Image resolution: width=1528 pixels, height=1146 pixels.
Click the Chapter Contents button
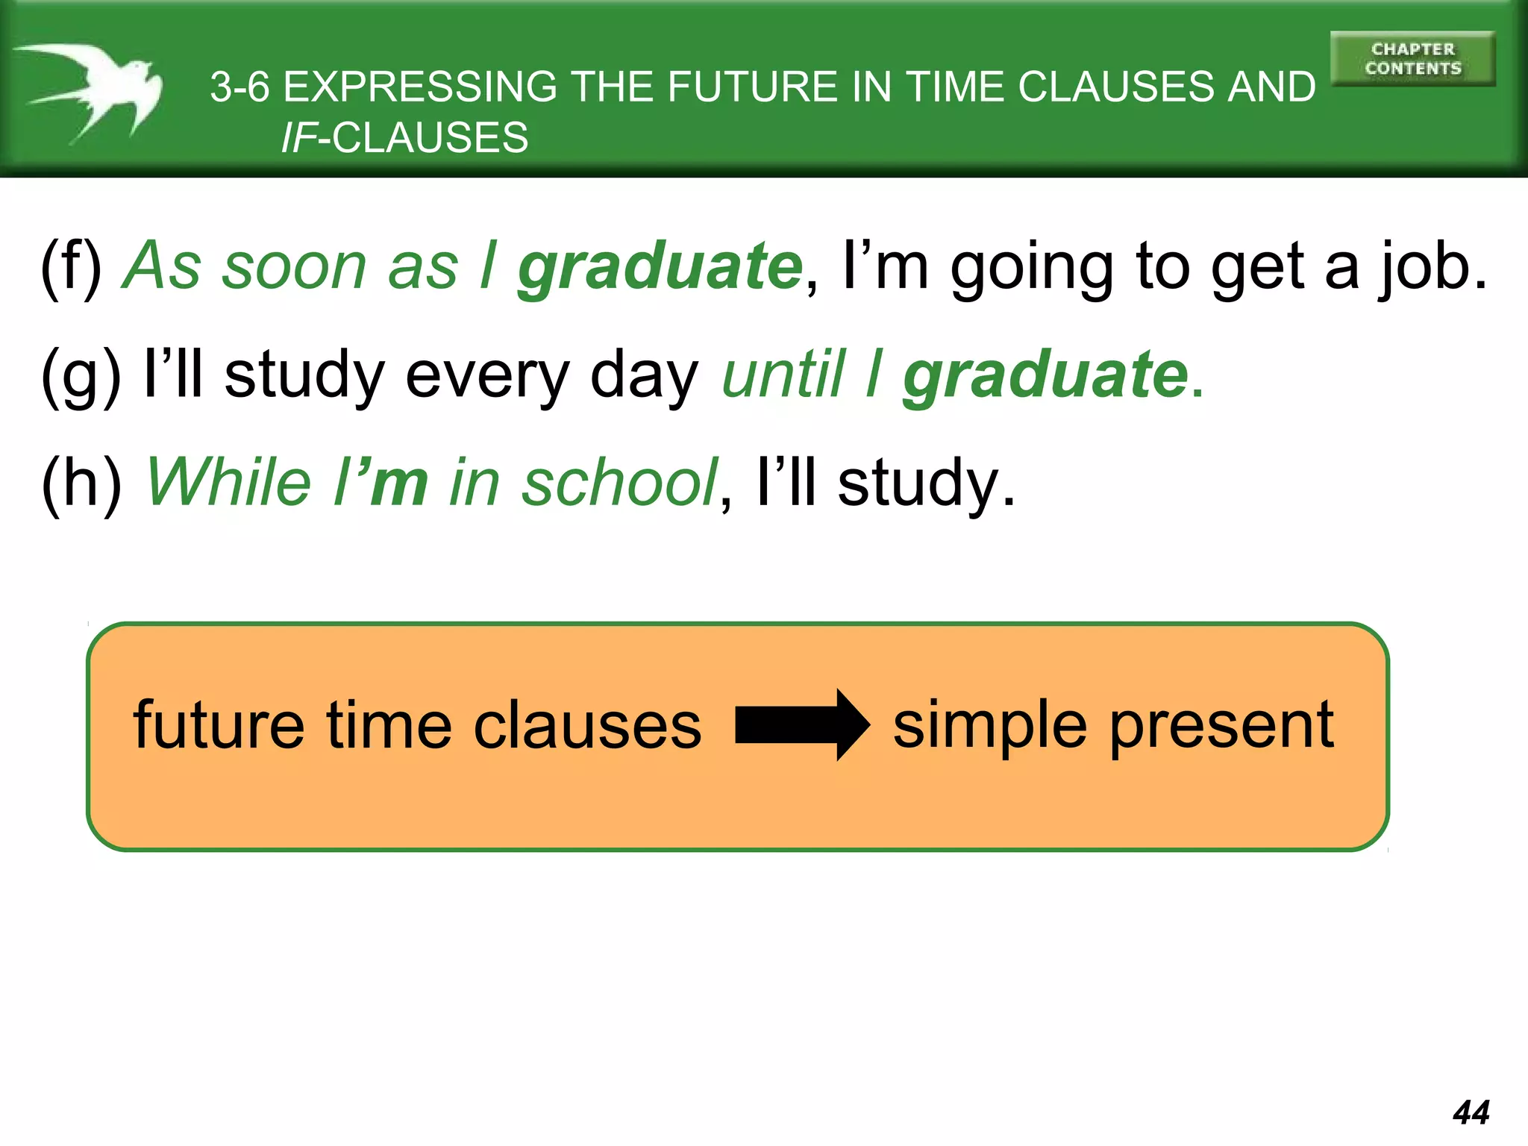(1412, 59)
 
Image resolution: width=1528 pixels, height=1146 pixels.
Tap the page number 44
(1471, 1112)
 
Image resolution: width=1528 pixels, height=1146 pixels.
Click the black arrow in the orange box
(802, 724)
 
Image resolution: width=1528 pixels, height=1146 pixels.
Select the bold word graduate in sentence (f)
(660, 267)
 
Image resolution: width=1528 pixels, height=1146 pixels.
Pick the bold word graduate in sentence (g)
(1045, 376)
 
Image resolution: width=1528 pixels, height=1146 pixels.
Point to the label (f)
(72, 267)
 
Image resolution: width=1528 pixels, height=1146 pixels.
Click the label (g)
(81, 376)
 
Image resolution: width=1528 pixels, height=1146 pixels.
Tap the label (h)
(81, 483)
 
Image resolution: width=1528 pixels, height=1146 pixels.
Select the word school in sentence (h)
(619, 483)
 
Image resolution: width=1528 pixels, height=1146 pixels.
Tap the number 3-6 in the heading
(239, 87)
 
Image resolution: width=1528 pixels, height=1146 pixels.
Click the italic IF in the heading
(298, 139)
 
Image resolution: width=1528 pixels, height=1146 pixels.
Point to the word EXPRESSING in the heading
(420, 87)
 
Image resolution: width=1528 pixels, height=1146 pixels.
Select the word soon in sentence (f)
(295, 267)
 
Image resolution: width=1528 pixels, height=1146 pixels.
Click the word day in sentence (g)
(644, 376)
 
